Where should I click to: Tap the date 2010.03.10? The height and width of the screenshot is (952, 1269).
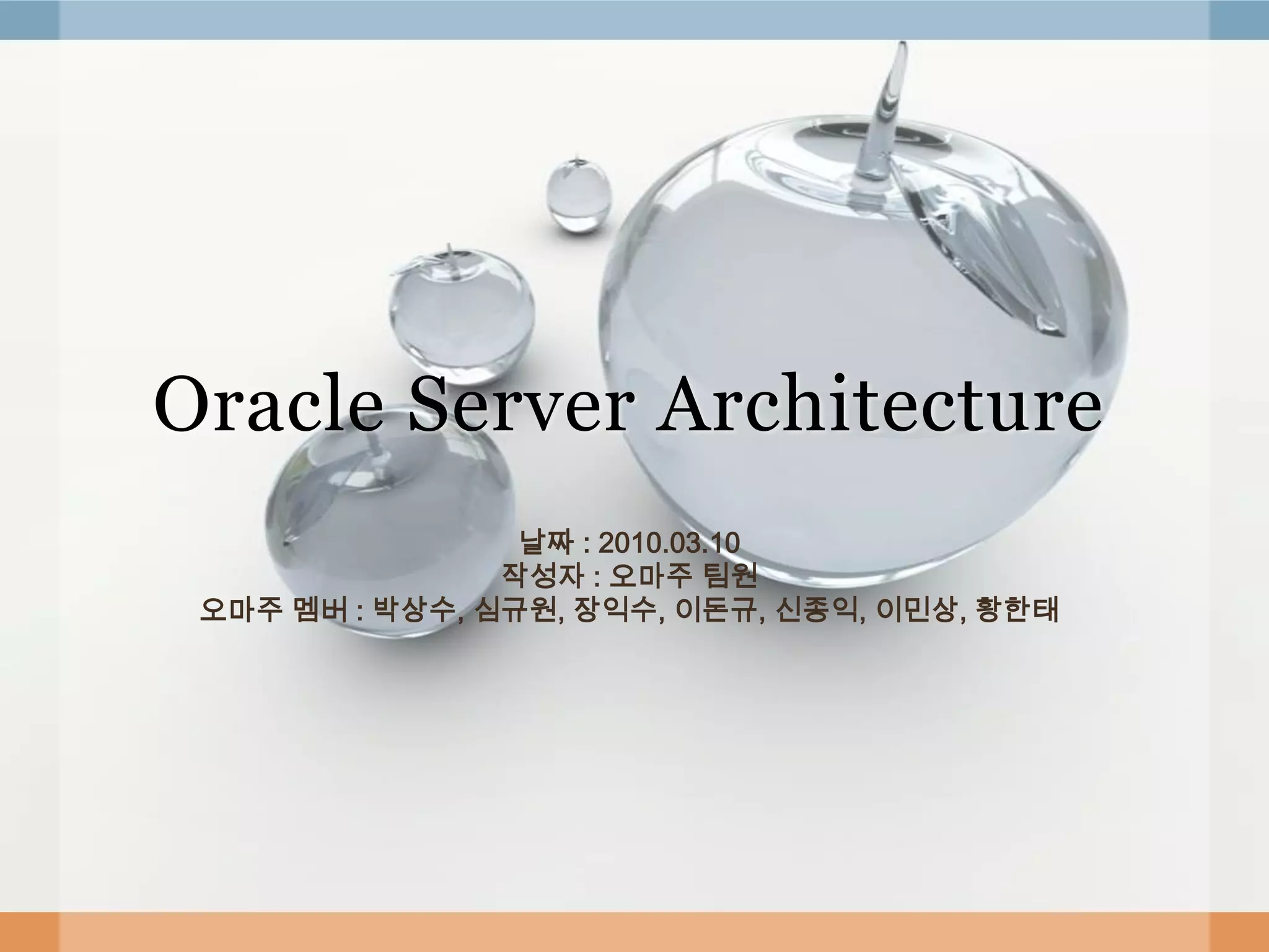669,544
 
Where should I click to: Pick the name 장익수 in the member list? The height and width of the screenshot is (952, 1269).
614,611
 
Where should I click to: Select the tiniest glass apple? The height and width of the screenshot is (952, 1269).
579,195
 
